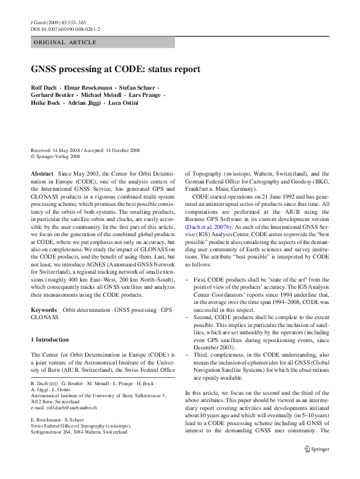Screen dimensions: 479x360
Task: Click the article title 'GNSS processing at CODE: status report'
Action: [x=116, y=69]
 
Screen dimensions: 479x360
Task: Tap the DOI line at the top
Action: [x=65, y=28]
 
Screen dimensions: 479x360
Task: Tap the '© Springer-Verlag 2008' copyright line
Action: [x=55, y=156]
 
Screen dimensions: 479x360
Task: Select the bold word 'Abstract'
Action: [x=42, y=173]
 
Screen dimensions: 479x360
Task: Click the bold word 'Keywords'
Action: [x=44, y=310]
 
